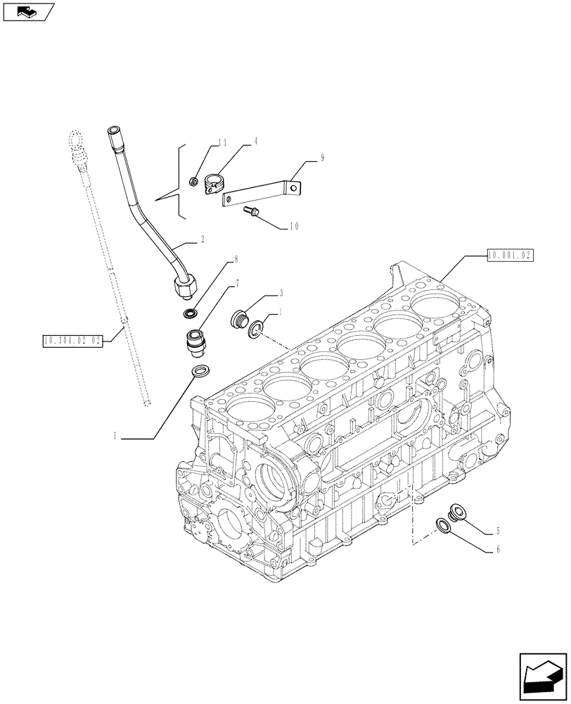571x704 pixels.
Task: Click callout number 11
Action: pos(222,142)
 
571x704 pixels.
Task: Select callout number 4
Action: pos(256,141)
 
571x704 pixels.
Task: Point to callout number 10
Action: pos(293,227)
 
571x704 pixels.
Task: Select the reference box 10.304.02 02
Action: pos(72,340)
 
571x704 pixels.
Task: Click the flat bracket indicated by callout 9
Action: pos(260,194)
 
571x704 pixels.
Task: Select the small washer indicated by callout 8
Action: pos(189,312)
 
